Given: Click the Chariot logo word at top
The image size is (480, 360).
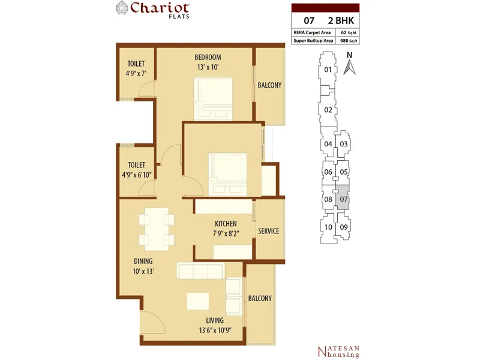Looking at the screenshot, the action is pos(160,8).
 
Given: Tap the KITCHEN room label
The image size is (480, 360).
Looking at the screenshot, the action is pos(226,224).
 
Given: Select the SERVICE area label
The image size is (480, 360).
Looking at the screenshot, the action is pos(268,231).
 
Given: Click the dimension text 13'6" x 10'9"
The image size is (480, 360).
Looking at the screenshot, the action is pos(215,331).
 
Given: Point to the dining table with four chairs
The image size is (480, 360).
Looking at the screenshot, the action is pos(157,227).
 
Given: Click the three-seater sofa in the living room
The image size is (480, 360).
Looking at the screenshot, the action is pos(200,271).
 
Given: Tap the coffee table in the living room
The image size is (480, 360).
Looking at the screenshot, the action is pos(198,301).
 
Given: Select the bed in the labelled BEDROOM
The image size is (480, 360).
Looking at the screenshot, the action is pos(213,99).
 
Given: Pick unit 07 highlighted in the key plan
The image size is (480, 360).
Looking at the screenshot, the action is pos(343,198).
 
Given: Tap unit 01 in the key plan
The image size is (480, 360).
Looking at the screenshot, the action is pos(328,70).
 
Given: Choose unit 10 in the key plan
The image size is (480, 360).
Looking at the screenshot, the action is pos(328,227).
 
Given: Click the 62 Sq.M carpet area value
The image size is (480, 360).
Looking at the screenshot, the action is pos(349,32).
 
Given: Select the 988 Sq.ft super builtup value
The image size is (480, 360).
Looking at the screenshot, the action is pos(349,40).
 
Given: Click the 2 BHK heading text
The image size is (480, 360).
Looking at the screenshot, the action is pos(341,20).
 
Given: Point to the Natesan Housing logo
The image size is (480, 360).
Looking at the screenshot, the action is pos(338,352).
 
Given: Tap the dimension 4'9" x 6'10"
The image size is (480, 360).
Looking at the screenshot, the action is pos(137,175).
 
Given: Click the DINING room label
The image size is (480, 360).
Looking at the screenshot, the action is pos(143,261).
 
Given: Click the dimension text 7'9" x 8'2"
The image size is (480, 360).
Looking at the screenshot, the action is pos(226,233).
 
